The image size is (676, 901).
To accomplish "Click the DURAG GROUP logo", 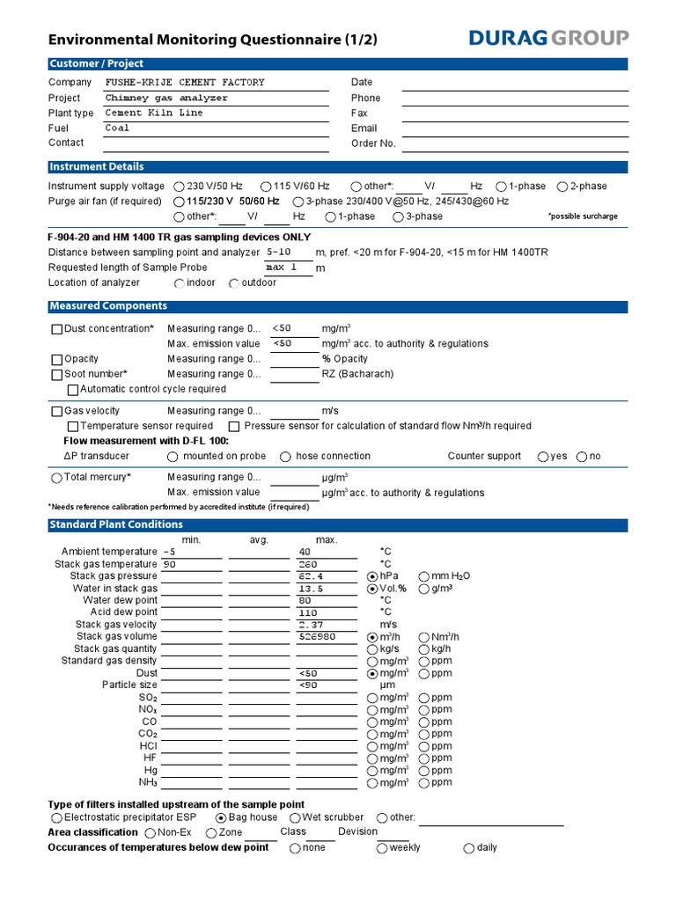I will [548, 38].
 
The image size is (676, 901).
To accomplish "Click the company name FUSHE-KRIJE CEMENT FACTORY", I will [184, 83].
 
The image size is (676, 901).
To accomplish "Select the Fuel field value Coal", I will [117, 128].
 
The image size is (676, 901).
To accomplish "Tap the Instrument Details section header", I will [97, 167].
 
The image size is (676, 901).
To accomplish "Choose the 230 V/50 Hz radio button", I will [180, 187].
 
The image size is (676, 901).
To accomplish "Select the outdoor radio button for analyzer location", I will [234, 283].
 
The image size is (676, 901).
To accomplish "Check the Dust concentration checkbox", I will [57, 329].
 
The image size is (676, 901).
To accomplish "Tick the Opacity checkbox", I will [57, 360].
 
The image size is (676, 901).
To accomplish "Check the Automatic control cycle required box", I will [73, 390].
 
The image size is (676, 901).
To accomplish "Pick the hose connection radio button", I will [286, 457].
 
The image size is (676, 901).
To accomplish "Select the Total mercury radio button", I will [57, 478].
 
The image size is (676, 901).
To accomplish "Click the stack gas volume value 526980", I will [318, 636].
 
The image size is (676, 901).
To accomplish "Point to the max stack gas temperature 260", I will [308, 564].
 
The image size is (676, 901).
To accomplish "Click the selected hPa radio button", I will [372, 576].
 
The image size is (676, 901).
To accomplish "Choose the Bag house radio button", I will [221, 818].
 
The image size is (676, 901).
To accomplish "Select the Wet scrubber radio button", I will [296, 818].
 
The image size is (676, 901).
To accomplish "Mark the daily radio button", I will [469, 848].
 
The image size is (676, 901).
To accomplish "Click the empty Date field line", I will [515, 84].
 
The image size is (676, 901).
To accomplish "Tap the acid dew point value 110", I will [308, 612].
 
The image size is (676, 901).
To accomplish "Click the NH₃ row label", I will [148, 782].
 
